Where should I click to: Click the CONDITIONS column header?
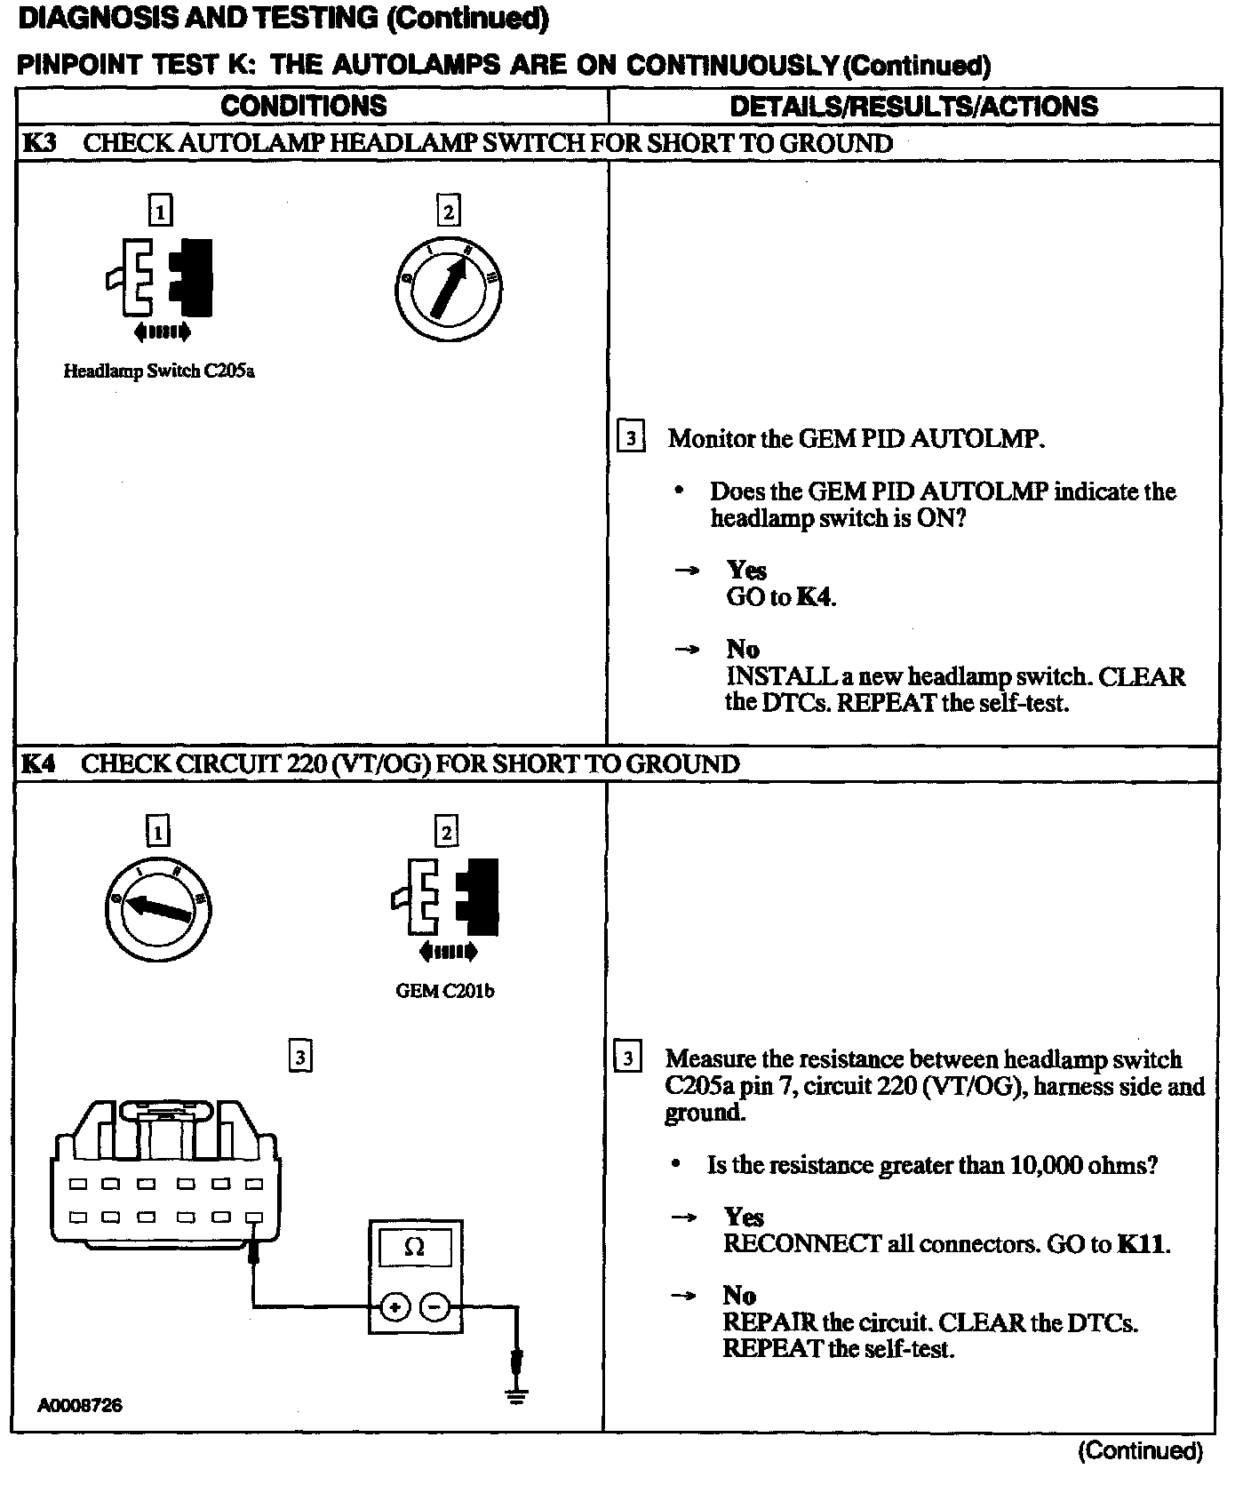point(304,107)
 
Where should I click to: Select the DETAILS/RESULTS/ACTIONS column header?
point(913,107)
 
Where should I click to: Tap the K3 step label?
point(38,143)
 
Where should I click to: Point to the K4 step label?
point(38,764)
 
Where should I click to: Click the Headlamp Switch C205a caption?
point(159,371)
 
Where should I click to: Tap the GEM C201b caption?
point(444,991)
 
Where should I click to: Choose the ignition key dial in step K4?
point(158,908)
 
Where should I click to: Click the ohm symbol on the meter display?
point(414,1247)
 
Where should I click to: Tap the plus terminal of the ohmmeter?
point(394,1306)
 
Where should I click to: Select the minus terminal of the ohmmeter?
point(434,1306)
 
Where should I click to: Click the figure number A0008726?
point(80,1405)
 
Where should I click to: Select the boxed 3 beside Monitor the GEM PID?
point(630,438)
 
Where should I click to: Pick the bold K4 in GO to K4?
point(814,597)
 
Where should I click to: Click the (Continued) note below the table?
point(1140,1451)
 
